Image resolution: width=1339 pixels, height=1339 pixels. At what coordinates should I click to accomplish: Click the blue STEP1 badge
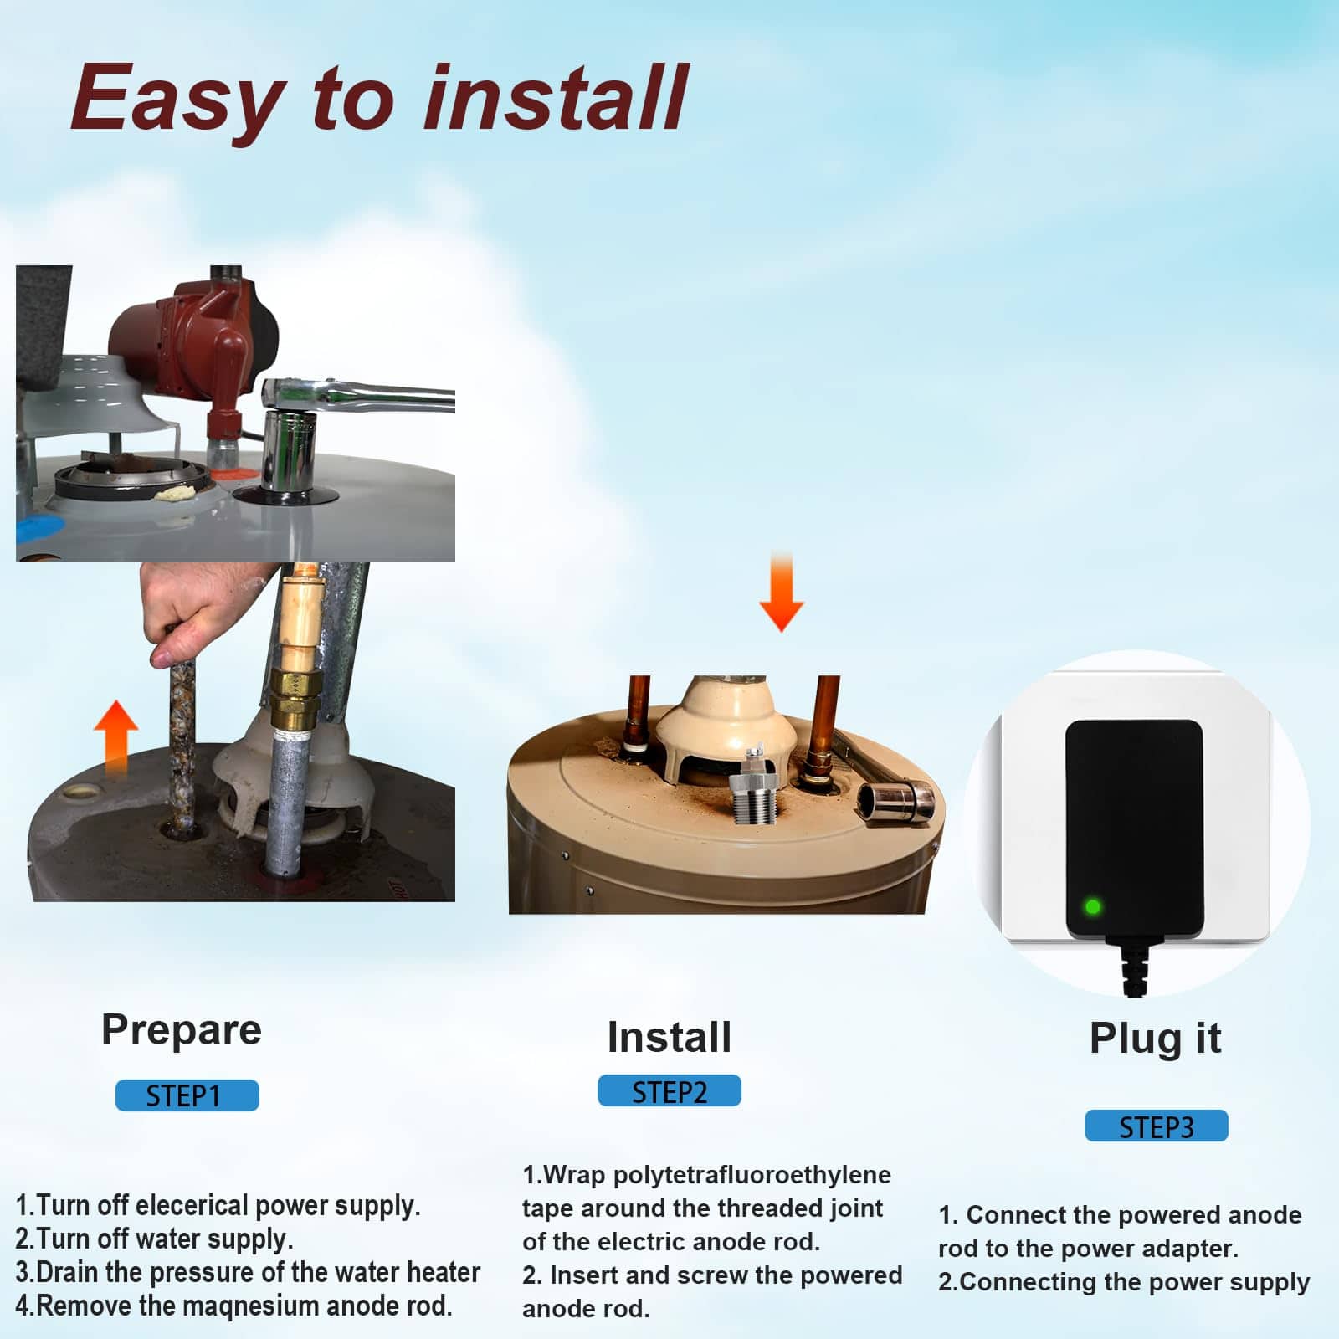187,1095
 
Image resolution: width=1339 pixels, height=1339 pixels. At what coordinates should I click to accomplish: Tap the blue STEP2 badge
669,1090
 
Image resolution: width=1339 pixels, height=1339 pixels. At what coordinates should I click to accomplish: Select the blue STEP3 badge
1157,1126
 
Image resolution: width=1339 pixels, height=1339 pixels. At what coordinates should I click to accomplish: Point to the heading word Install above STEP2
669,1037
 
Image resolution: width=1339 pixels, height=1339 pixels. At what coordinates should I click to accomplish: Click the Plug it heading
1155,1039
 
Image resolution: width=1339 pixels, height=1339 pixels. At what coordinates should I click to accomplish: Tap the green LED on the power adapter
1092,906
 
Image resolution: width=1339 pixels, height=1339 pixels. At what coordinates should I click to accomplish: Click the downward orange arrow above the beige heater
781,591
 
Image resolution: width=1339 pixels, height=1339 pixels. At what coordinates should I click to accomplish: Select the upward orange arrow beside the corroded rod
115,736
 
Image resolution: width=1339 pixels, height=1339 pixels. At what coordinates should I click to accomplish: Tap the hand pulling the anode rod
201,607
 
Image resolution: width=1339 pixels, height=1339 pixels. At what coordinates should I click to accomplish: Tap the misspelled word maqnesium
250,1306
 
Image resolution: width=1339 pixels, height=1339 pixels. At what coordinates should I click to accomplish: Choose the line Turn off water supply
154,1239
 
